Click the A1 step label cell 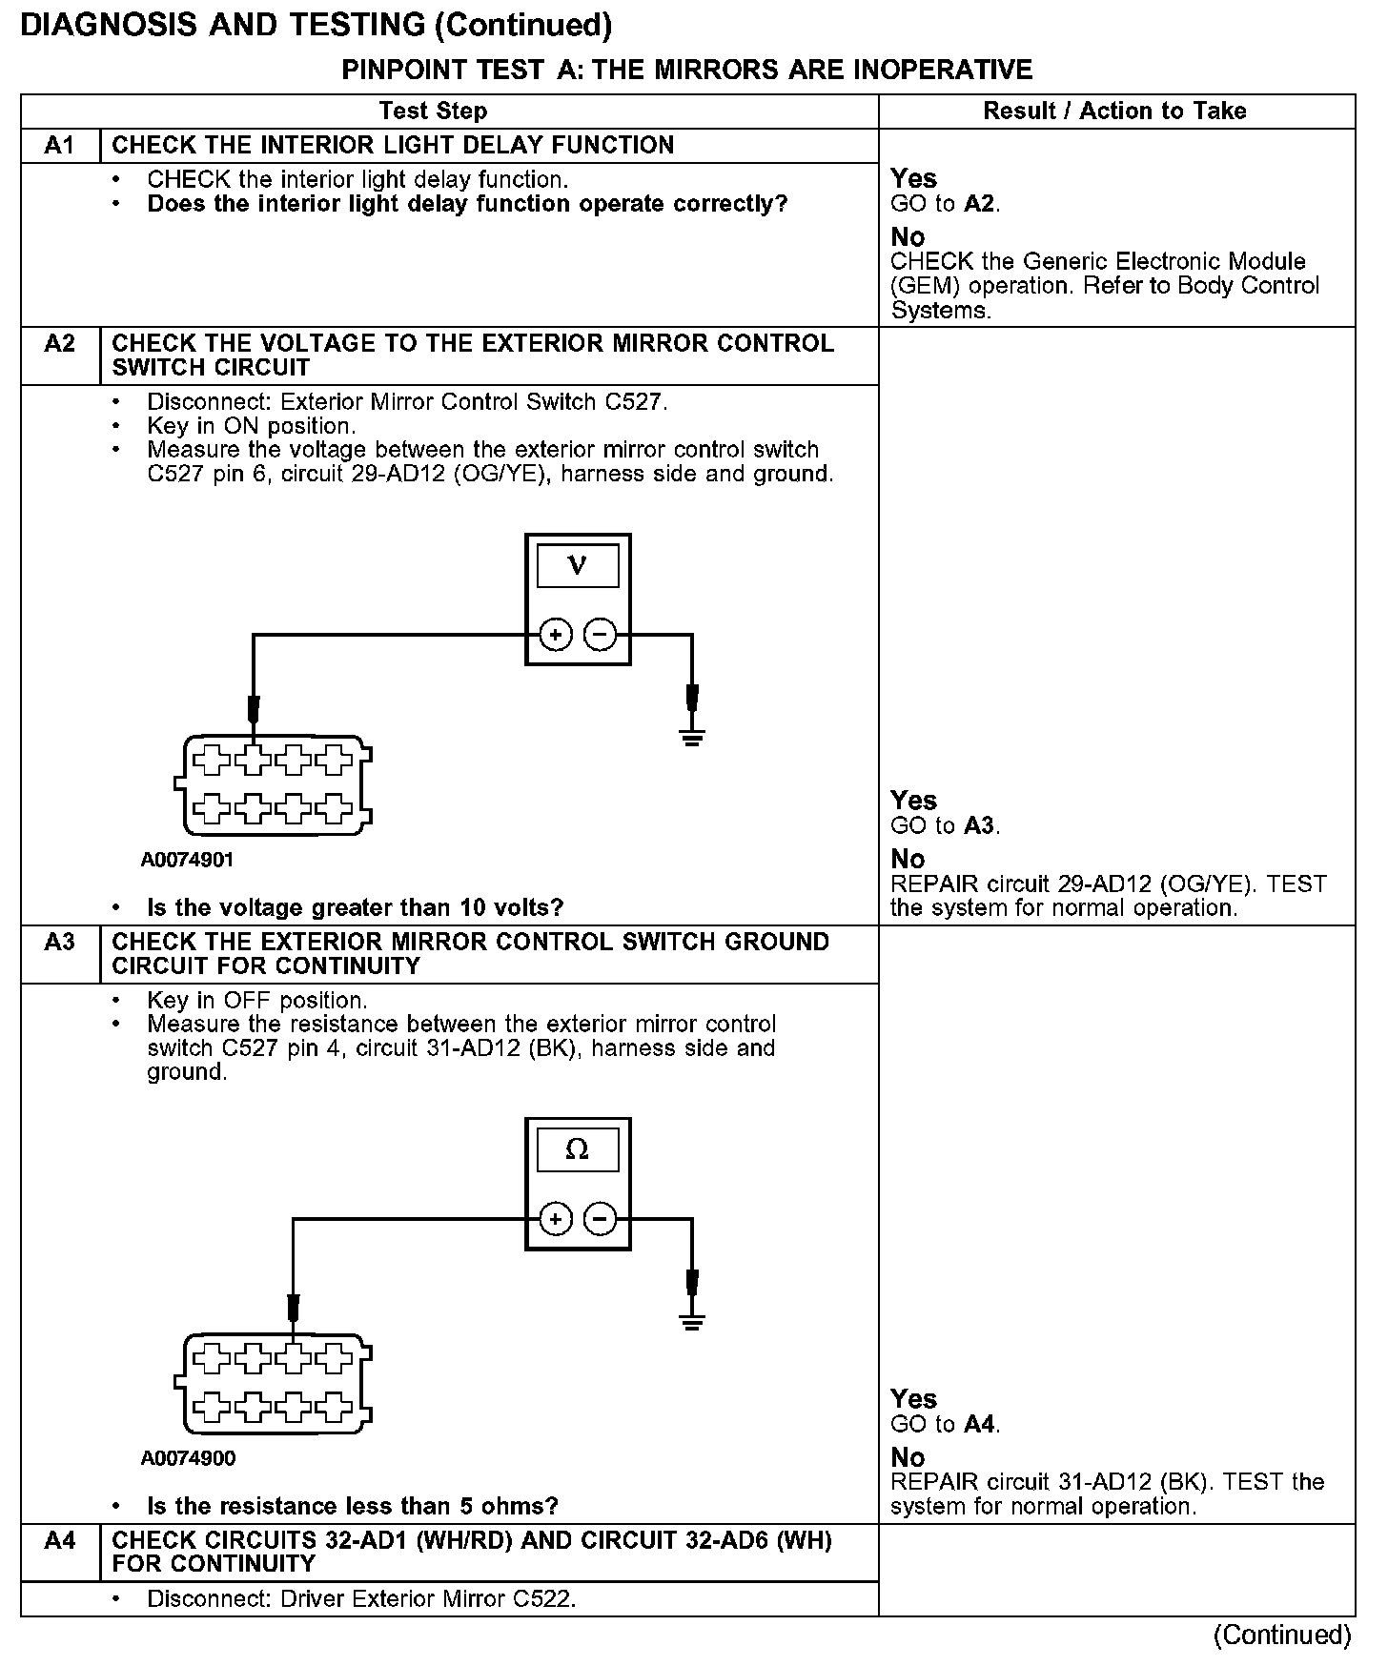coord(59,146)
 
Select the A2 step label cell coord(59,344)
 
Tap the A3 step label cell coord(59,943)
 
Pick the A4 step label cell coord(59,1541)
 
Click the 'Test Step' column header coord(433,112)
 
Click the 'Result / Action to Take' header coord(1114,112)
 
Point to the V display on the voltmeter coord(578,566)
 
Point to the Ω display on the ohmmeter coord(578,1150)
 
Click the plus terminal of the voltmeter coord(556,635)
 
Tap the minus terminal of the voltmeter coord(600,635)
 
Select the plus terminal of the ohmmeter coord(556,1219)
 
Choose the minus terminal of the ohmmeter coord(600,1219)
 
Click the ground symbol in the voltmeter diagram coord(692,736)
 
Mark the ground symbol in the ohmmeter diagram coord(692,1321)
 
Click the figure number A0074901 coord(188,860)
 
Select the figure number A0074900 coord(188,1458)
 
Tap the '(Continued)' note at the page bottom coord(1281,1636)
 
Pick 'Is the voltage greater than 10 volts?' coord(355,907)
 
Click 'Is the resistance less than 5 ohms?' coord(352,1506)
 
